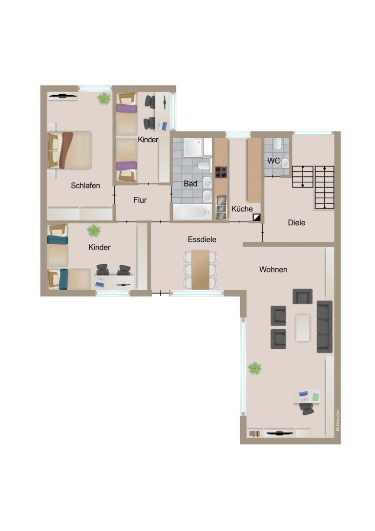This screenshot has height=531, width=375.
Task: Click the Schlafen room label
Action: point(85,185)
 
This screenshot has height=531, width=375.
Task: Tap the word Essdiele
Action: point(202,239)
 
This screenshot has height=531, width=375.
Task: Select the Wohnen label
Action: point(273,270)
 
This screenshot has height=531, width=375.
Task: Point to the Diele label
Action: point(296,222)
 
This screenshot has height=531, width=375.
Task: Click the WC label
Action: point(273,161)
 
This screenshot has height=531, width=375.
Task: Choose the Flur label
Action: point(140,200)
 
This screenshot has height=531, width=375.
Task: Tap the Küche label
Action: point(242,209)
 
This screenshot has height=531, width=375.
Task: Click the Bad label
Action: point(190,184)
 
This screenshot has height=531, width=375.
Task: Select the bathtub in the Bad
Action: point(192,212)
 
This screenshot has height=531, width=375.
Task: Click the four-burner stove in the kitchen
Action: point(221,172)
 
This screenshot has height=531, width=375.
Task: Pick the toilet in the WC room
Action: point(277,144)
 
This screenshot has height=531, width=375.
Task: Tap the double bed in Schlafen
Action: point(70,150)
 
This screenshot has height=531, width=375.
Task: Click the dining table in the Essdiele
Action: point(200,270)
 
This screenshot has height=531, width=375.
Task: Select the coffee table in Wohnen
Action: point(303,328)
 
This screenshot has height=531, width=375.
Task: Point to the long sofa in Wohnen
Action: point(325,327)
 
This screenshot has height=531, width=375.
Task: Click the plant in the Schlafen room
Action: point(104,99)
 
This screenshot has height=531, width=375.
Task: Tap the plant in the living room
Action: point(254,368)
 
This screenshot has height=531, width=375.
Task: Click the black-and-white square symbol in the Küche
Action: point(257,217)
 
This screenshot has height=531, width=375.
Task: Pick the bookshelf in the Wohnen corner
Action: point(254,433)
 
